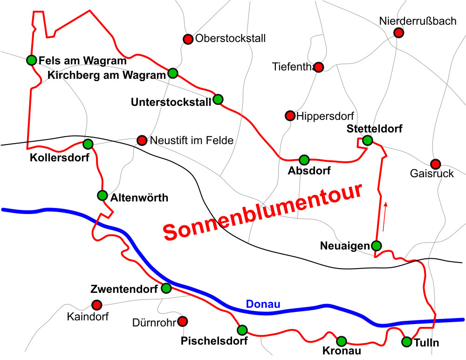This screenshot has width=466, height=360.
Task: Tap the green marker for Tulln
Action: tap(407, 342)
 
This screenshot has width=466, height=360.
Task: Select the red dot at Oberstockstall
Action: tap(187, 39)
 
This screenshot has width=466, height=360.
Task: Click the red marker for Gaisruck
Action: tap(435, 164)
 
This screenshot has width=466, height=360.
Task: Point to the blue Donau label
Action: tap(263, 305)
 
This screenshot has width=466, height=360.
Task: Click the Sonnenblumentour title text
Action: tap(263, 212)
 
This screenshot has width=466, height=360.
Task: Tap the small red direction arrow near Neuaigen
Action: tap(384, 216)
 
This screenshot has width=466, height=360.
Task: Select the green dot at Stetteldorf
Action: tap(368, 140)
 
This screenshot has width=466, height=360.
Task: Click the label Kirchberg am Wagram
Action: tap(107, 75)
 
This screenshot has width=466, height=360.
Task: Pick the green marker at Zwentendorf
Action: tap(166, 288)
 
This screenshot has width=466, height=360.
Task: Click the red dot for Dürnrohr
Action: tap(183, 321)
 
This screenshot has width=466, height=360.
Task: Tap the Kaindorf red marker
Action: tap(96, 305)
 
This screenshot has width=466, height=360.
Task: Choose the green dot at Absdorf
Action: tap(304, 159)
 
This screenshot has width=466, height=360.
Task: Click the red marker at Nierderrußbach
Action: tap(398, 32)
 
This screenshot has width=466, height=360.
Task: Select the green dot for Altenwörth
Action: tap(103, 195)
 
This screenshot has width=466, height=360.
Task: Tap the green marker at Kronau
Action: tap(342, 341)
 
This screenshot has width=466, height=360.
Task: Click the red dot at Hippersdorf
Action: tap(290, 115)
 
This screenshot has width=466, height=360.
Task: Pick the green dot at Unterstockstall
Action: tap(218, 99)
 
